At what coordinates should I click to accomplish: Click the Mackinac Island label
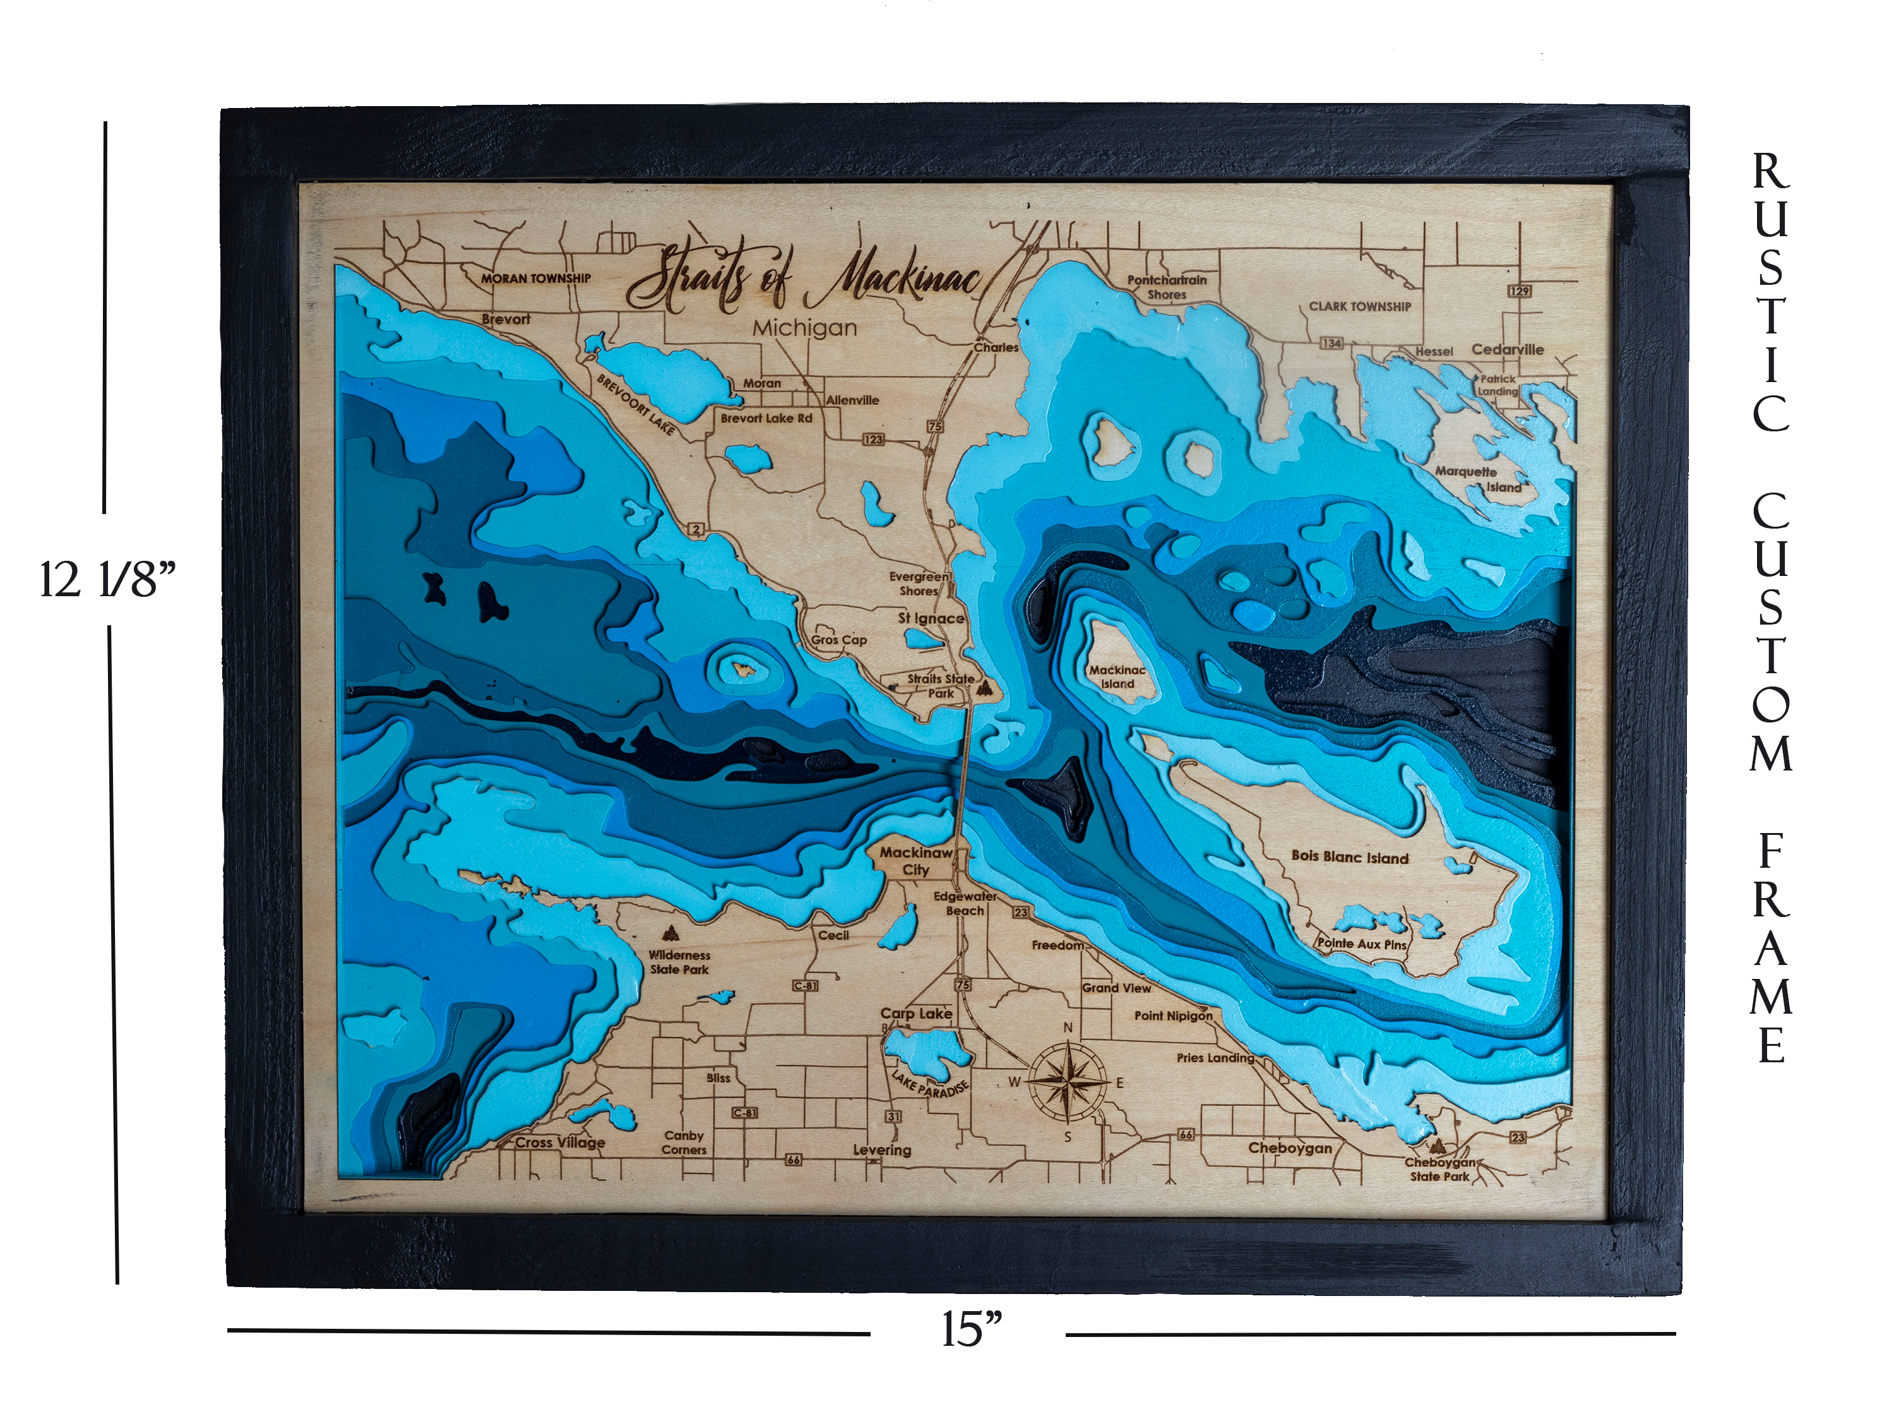[x=1117, y=676]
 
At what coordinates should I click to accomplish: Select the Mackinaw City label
[x=915, y=861]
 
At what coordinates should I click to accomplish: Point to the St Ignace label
[x=931, y=618]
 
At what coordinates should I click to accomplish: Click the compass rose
[x=1067, y=1082]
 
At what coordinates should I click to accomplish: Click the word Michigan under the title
[x=804, y=328]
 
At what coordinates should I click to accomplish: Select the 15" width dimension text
[x=971, y=1329]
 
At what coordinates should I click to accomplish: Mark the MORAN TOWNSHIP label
[x=535, y=279]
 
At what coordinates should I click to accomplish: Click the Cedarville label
[x=1507, y=349]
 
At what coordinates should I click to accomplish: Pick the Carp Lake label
[x=915, y=1013]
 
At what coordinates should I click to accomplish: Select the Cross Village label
[x=560, y=1142]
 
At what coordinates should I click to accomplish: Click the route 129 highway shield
[x=1519, y=291]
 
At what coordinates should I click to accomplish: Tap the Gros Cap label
[x=839, y=640]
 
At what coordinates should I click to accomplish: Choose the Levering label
[x=881, y=1150]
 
